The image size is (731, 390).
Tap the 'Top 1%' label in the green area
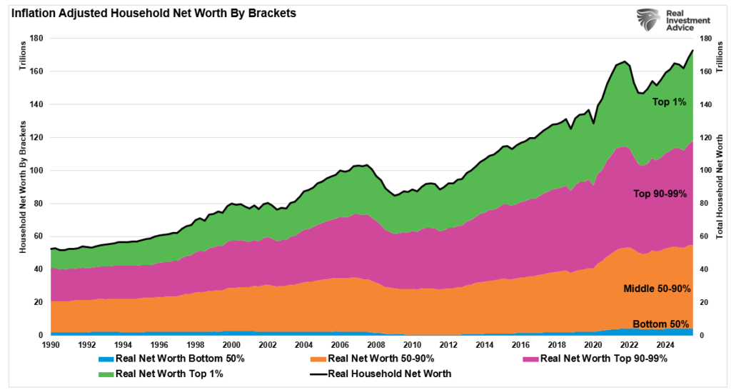tap(668, 102)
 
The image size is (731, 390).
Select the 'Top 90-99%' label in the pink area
tap(662, 194)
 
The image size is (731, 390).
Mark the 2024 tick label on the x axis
tap(669, 344)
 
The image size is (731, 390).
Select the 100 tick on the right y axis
tap(705, 171)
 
